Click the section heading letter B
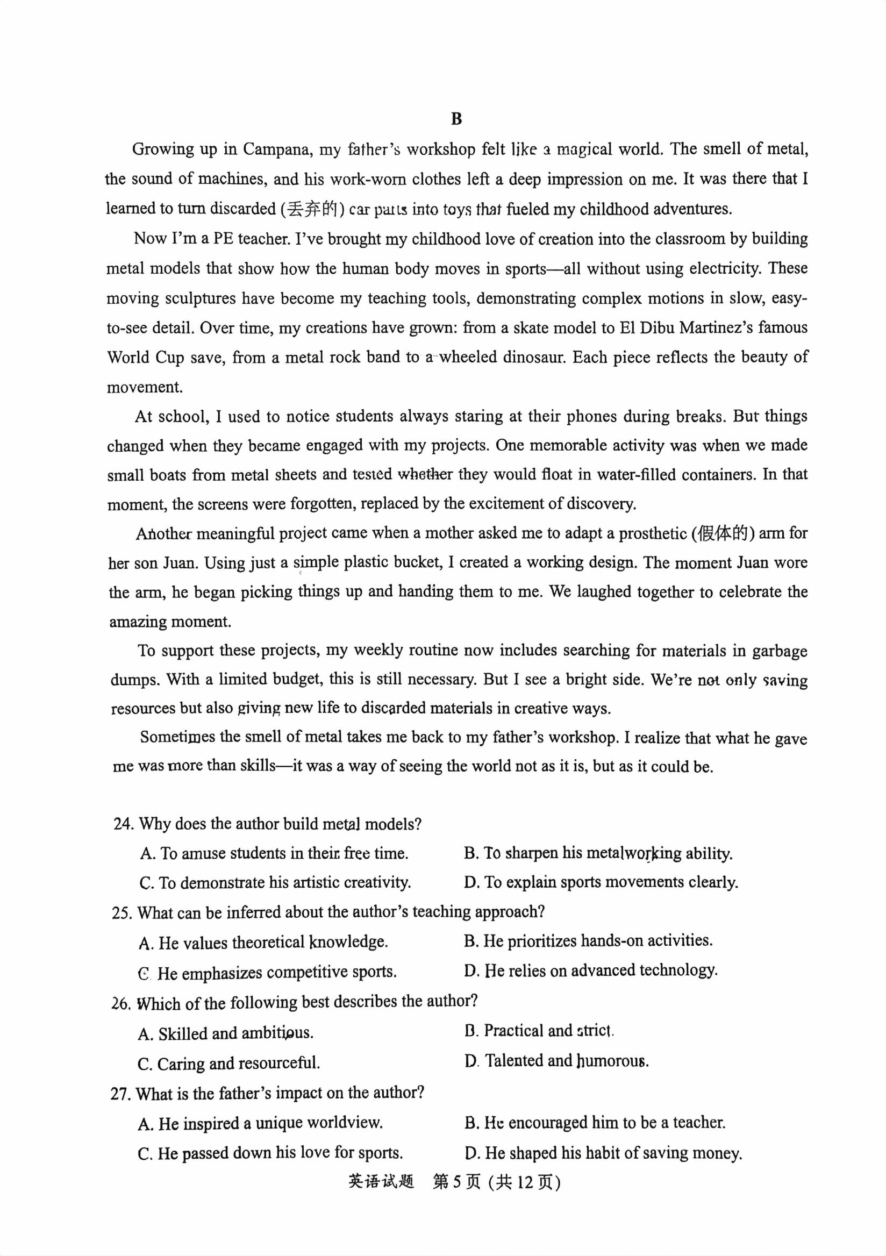pos(456,119)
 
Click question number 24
pos(124,824)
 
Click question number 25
pos(123,912)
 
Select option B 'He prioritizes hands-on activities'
pos(588,940)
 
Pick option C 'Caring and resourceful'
pos(228,1064)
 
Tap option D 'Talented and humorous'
pos(556,1061)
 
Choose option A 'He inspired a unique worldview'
pos(260,1123)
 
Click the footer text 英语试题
pos(381,1182)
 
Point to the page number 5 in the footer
pos(457,1182)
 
